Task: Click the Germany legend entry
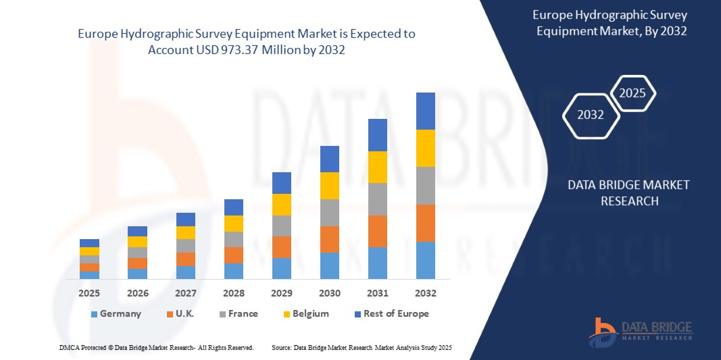tap(116, 313)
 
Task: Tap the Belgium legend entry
tap(305, 313)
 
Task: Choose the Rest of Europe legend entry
tap(391, 313)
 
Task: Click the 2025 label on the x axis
tap(89, 293)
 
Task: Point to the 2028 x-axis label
tap(234, 293)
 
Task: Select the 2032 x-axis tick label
tap(426, 293)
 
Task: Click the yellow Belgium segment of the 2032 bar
tap(426, 148)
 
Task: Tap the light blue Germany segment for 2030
tap(329, 265)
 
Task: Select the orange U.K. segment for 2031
tap(378, 231)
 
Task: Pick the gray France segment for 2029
tap(281, 226)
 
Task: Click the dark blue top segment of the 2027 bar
tap(186, 219)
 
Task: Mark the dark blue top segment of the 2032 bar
tap(426, 111)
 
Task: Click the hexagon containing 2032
tap(591, 115)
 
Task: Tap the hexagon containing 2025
tap(632, 93)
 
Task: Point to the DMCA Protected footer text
tap(156, 347)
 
